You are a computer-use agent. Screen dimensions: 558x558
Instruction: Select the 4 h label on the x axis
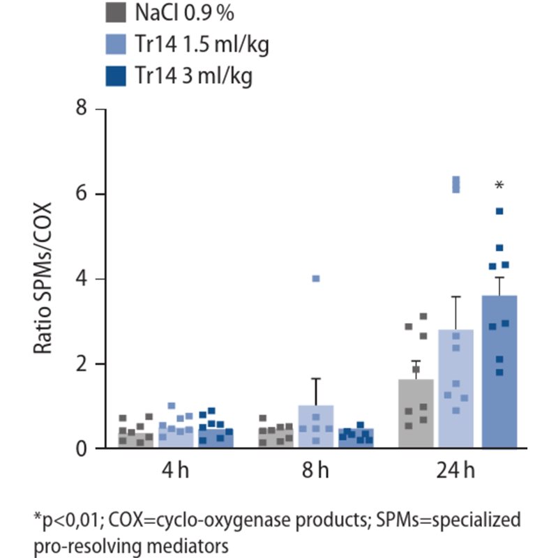175,471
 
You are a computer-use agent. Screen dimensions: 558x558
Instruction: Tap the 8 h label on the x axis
315,471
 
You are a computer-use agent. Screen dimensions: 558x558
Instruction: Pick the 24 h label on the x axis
457,471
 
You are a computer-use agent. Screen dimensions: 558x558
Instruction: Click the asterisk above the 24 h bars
499,186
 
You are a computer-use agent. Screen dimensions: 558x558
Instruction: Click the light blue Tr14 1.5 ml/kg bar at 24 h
456,391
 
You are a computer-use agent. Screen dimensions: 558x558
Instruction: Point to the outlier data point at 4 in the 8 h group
315,278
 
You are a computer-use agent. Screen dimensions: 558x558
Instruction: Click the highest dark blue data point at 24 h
499,211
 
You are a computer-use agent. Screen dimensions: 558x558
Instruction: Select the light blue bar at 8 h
315,427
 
